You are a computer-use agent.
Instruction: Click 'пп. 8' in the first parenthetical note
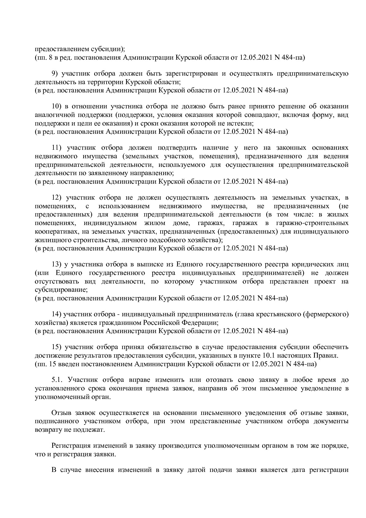pos(42,57)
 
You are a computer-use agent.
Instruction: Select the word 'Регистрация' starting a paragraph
pos(70,446)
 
